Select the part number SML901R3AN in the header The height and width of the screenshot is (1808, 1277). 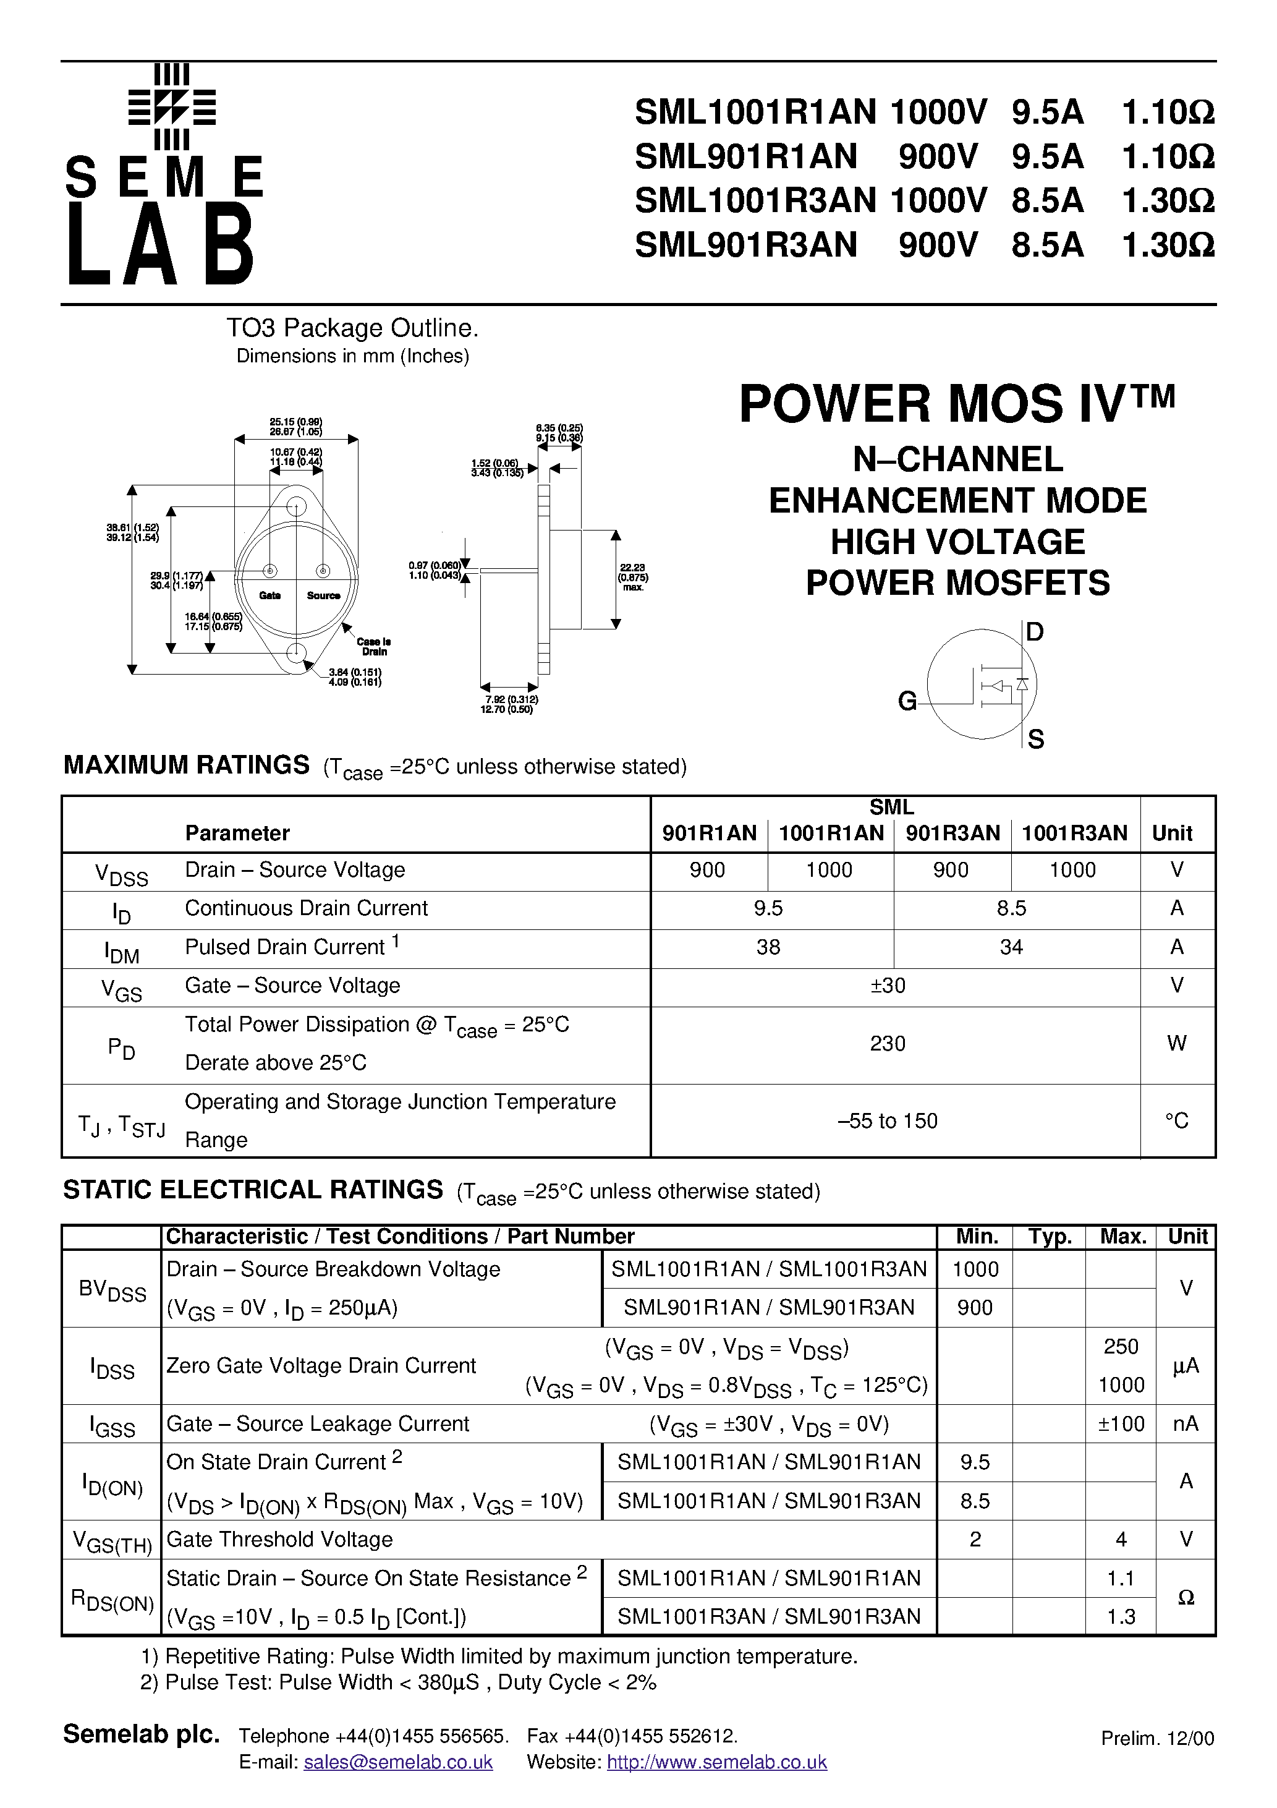(745, 245)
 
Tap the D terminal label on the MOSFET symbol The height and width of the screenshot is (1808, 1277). (1035, 631)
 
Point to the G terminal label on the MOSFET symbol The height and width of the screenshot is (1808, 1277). (907, 701)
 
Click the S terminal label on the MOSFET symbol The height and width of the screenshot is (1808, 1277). (1035, 740)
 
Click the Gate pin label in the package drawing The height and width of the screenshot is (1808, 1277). (270, 595)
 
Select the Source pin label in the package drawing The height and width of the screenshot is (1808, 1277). (323, 595)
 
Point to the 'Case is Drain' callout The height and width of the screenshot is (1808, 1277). (374, 647)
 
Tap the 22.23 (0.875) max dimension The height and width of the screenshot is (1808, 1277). (633, 577)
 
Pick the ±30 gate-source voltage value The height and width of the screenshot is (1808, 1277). (888, 985)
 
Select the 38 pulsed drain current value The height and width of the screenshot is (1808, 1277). (768, 947)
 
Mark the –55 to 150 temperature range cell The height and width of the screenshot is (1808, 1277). (888, 1120)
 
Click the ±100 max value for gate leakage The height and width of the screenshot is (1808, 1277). (1121, 1424)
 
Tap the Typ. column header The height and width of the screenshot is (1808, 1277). (1050, 1237)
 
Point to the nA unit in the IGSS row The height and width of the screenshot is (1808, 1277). (1186, 1424)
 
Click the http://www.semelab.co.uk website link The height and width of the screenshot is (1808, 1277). (716, 1762)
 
